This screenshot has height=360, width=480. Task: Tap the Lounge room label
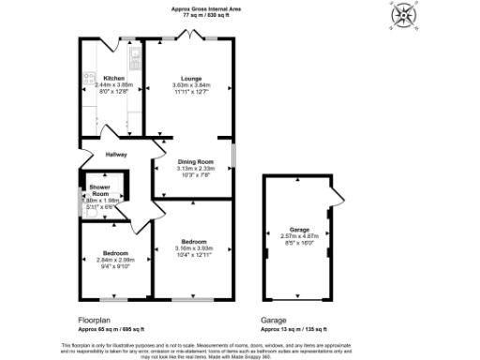coord(191,79)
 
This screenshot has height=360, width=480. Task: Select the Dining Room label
coord(197,162)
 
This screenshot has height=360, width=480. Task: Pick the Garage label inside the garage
coord(300,230)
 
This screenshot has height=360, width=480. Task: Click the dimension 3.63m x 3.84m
coord(191,85)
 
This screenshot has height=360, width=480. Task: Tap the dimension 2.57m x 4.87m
coord(300,236)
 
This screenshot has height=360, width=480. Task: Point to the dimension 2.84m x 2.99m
coord(116,260)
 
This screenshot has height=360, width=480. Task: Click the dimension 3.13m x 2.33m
coord(197,169)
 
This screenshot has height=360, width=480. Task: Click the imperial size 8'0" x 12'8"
coord(114,92)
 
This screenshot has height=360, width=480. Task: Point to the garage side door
coord(334,199)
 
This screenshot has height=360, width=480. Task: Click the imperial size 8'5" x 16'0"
coord(300,243)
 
